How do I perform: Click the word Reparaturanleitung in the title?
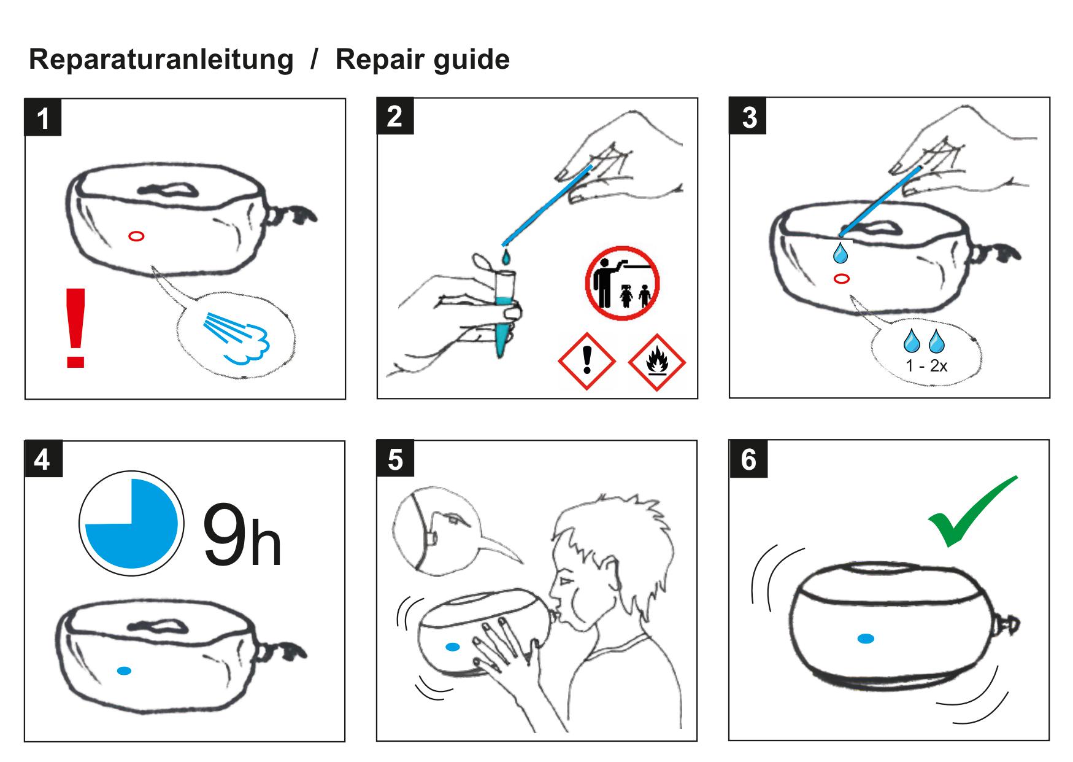coord(161,60)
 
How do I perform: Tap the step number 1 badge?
coord(43,118)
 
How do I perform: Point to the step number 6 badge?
coord(748,459)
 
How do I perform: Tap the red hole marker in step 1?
coord(136,236)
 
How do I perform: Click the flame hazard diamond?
coord(656,362)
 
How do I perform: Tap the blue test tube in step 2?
coord(504,319)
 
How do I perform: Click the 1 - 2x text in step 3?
coord(926,366)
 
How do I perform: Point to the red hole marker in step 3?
coord(842,279)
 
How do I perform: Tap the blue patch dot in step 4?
coord(125,671)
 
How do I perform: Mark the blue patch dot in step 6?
coord(865,639)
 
